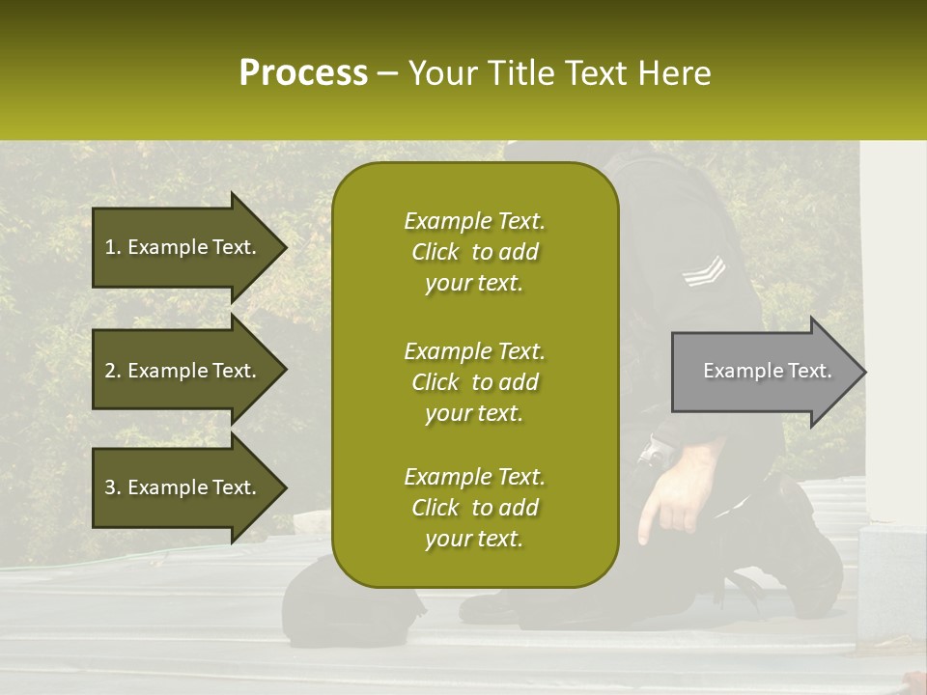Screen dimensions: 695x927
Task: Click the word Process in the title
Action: tap(303, 73)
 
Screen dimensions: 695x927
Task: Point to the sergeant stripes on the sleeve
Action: tap(702, 271)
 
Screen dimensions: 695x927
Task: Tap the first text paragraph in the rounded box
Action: tap(474, 252)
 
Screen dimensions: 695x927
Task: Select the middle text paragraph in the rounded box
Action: tap(474, 382)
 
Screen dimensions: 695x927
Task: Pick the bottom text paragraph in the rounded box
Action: tap(474, 508)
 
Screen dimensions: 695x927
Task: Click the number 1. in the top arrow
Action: tap(113, 247)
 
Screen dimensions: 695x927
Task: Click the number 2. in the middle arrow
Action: tap(113, 371)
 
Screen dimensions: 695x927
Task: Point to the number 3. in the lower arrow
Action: tap(113, 487)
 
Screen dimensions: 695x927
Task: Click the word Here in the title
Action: tap(675, 73)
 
